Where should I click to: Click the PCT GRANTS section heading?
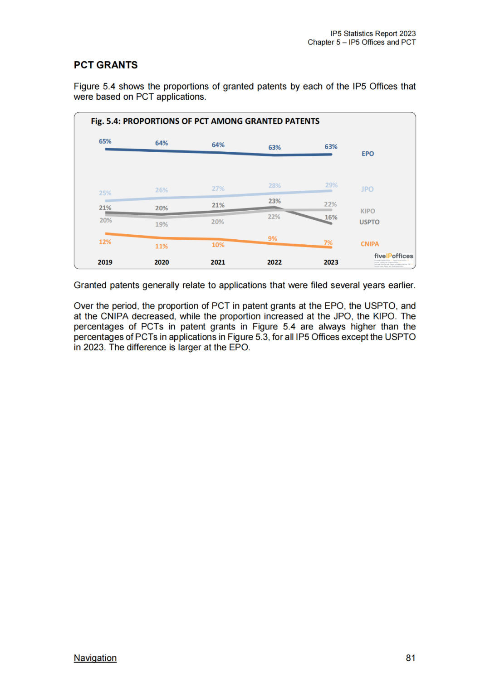106,65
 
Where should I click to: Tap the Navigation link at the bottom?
95,658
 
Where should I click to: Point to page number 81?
411,658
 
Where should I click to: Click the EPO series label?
368,154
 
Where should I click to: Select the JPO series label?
367,189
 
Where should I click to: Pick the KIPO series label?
368,211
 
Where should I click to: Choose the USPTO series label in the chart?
369,222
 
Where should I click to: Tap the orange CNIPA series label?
370,244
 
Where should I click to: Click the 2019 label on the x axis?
105,262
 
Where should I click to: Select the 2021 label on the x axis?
218,262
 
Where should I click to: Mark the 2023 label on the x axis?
331,262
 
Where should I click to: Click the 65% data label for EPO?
105,141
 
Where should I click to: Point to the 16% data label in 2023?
331,218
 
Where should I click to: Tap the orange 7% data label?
328,243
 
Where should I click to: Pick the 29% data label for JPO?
331,185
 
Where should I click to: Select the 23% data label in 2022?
274,201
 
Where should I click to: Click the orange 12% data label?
105,242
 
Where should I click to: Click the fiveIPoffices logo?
393,256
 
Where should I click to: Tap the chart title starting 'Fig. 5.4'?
205,121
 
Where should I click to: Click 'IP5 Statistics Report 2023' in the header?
373,34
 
